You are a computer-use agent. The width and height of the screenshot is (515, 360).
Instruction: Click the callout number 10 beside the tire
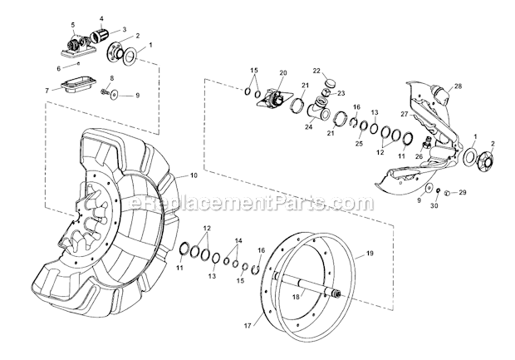pos(194,175)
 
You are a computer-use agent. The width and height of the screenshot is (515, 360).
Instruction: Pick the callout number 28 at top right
pos(457,86)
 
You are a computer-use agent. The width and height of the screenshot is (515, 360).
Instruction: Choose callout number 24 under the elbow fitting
pos(307,128)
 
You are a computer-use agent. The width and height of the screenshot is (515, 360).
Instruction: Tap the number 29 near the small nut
pos(463,192)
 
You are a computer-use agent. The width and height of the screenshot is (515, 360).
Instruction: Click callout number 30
pos(434,206)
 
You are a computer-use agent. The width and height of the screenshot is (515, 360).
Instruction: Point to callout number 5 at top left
pos(72,25)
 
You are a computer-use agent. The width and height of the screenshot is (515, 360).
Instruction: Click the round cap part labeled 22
pos(327,83)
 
